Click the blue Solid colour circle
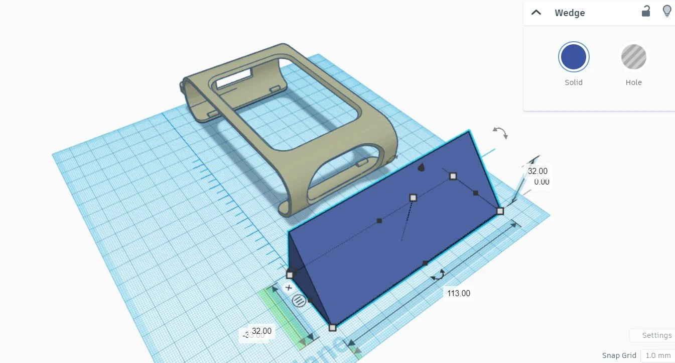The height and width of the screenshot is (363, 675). [573, 57]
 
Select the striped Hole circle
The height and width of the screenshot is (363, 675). [633, 57]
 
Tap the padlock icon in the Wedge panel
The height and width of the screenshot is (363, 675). [646, 11]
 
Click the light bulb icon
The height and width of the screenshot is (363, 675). [667, 11]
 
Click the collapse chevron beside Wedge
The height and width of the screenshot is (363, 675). [536, 13]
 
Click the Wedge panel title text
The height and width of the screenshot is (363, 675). [570, 13]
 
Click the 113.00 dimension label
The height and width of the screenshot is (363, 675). [458, 293]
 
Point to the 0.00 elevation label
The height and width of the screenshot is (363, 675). [541, 182]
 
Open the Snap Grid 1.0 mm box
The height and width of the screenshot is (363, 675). [657, 355]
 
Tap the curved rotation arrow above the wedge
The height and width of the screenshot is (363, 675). [500, 132]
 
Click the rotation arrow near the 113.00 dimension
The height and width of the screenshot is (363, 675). [439, 275]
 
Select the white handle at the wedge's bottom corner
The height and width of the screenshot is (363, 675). [332, 328]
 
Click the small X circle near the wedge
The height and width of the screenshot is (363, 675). [289, 288]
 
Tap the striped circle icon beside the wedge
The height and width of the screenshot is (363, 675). [299, 301]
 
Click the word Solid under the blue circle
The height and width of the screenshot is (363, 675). [573, 82]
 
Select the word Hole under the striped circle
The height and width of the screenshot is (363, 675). [633, 82]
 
